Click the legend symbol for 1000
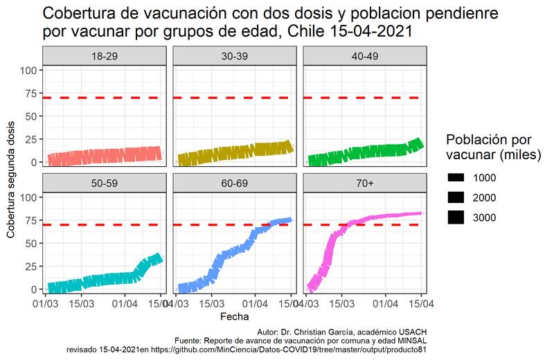pyautogui.click(x=456, y=177)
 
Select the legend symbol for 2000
pyautogui.click(x=456, y=197)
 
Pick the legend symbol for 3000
pyautogui.click(x=456, y=217)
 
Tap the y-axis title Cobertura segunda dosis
pyautogui.click(x=11, y=178)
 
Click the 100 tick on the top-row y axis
pyautogui.click(x=29, y=71)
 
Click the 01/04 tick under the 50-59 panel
pyautogui.click(x=125, y=303)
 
